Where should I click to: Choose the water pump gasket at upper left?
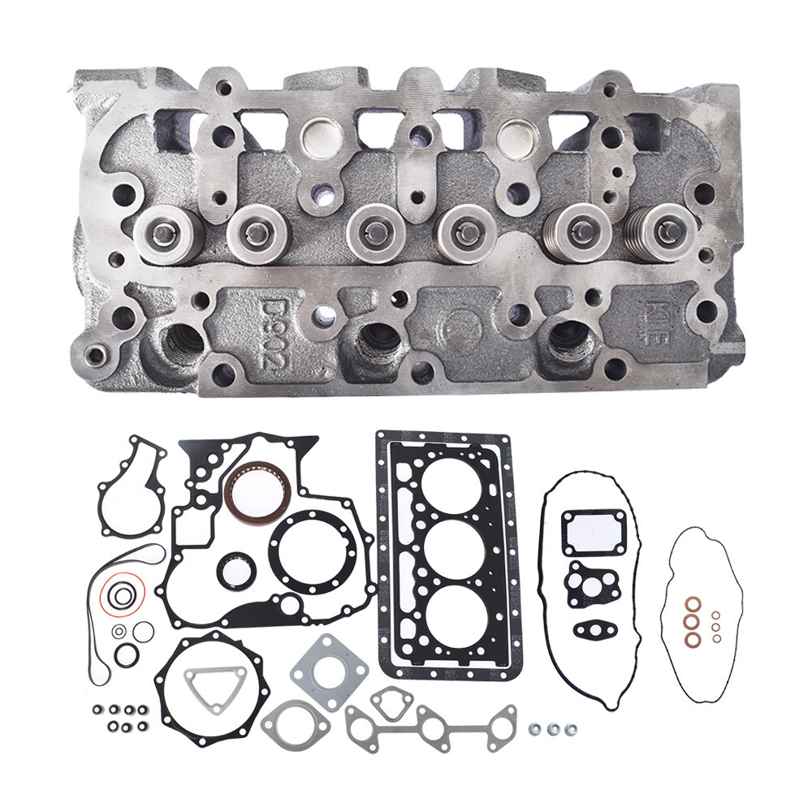point(132,487)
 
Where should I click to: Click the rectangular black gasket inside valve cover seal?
point(594,531)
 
